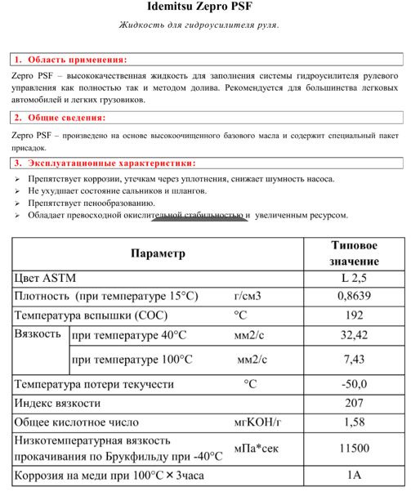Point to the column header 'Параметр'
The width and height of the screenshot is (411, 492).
pyautogui.click(x=158, y=253)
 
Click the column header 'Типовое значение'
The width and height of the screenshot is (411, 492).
pyautogui.click(x=354, y=253)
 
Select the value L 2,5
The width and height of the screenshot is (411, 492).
pyautogui.click(x=354, y=279)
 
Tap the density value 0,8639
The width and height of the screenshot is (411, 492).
pyautogui.click(x=354, y=297)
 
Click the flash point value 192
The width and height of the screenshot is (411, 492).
pyautogui.click(x=354, y=315)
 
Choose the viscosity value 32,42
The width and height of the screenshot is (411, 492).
pyautogui.click(x=354, y=335)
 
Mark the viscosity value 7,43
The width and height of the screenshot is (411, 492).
pyautogui.click(x=354, y=359)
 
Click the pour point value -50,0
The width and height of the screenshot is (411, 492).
pyautogui.click(x=354, y=383)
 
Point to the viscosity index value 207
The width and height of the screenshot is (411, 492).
pyautogui.click(x=354, y=403)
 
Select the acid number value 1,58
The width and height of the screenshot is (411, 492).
pyautogui.click(x=354, y=423)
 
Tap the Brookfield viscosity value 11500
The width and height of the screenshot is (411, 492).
pyautogui.click(x=354, y=448)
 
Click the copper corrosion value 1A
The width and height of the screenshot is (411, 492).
pyautogui.click(x=354, y=474)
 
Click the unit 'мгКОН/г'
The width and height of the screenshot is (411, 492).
pyautogui.click(x=257, y=423)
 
